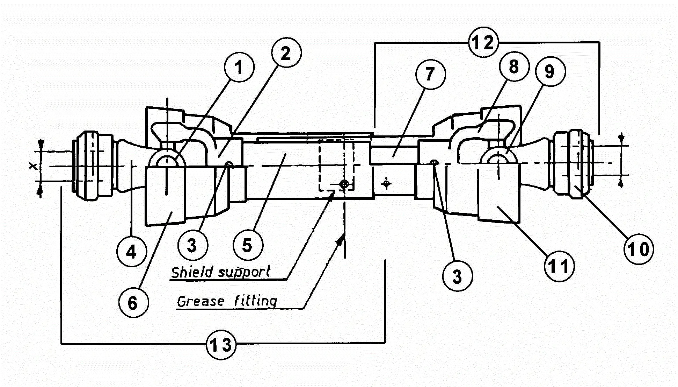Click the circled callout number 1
(239, 67)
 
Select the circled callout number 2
(286, 53)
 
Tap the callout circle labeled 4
(132, 252)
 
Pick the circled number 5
(248, 245)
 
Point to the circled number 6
(133, 303)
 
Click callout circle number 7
(430, 74)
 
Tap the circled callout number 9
(550, 72)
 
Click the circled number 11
(559, 266)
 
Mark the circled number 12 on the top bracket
(483, 42)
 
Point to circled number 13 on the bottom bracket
(221, 345)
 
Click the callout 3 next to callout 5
(192, 245)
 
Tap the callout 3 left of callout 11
(457, 276)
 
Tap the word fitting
(255, 301)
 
